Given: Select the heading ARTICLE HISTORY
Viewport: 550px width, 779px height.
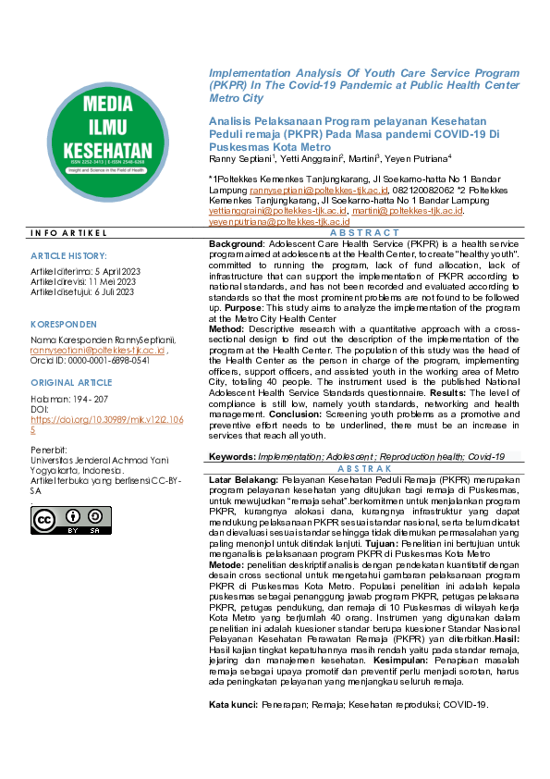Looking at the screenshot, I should click(x=68, y=254).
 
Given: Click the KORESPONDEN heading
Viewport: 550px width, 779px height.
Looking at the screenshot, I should click(x=64, y=325).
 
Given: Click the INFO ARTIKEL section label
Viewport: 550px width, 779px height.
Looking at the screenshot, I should click(x=68, y=232).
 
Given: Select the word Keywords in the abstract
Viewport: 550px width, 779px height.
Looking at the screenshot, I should click(x=226, y=457).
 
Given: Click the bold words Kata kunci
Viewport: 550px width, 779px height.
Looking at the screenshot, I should click(x=229, y=730).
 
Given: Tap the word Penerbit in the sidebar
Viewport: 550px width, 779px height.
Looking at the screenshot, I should click(x=48, y=449).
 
